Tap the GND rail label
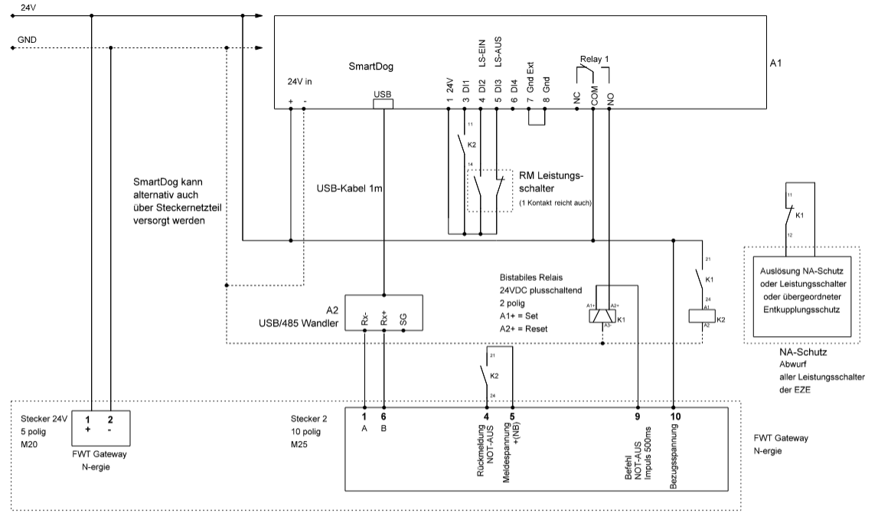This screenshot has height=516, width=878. [28, 39]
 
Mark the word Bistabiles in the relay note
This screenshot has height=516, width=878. [518, 279]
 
